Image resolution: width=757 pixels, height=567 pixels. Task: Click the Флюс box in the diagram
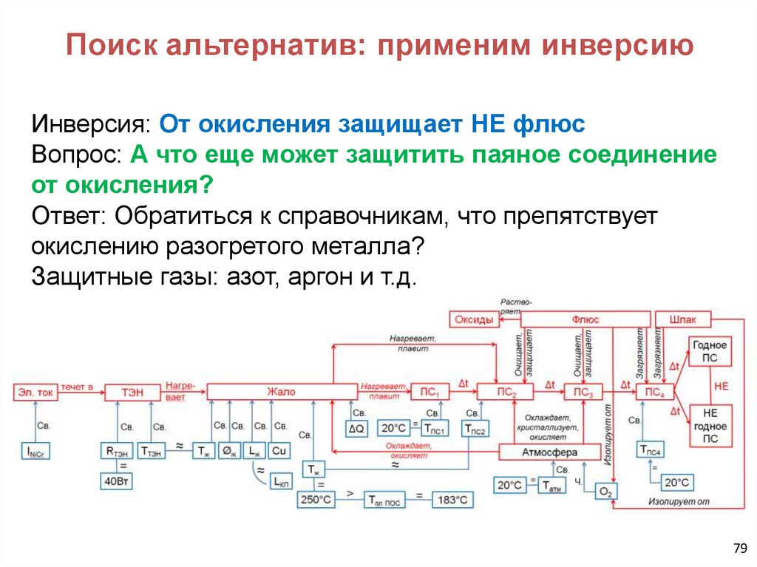click(x=585, y=319)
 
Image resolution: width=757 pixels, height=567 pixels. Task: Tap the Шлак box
click(x=682, y=319)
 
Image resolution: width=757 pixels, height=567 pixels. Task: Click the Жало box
click(x=281, y=392)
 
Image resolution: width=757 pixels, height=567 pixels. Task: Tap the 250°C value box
click(x=316, y=500)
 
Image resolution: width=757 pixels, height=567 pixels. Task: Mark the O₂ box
click(x=606, y=491)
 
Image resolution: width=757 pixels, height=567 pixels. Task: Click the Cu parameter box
click(x=279, y=449)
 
